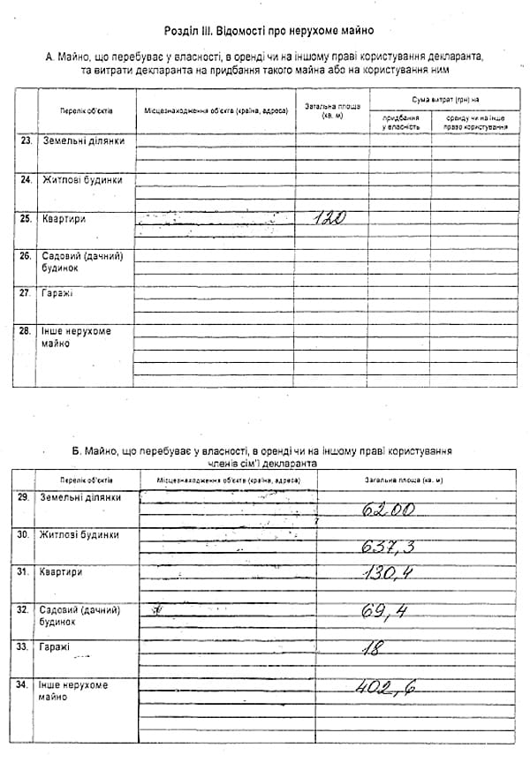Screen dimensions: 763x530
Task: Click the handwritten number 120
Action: (x=329, y=218)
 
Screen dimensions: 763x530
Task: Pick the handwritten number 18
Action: (x=373, y=649)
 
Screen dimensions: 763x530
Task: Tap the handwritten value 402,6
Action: (x=385, y=687)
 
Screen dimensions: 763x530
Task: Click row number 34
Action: (x=24, y=684)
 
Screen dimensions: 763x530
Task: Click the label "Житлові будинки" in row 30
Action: (x=79, y=534)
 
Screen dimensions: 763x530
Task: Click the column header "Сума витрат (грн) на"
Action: (x=443, y=98)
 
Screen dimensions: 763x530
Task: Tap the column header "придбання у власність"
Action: (x=400, y=122)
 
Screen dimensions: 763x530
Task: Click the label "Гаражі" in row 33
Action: (x=55, y=646)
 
